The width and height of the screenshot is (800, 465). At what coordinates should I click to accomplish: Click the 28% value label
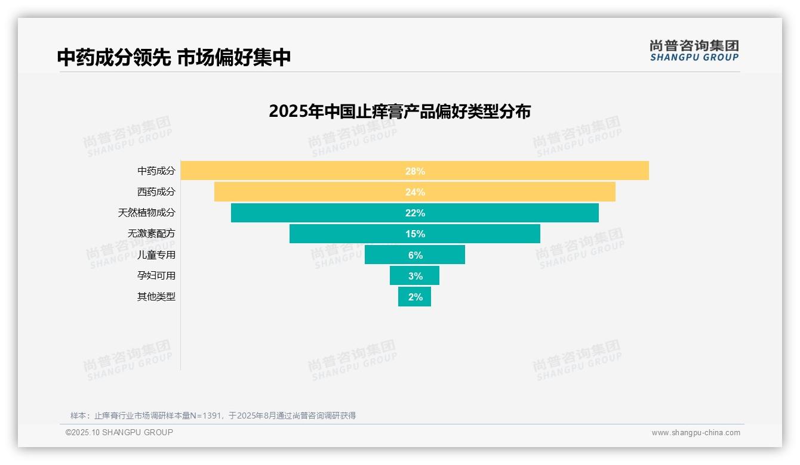point(415,171)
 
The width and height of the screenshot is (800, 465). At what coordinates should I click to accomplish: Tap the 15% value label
point(415,234)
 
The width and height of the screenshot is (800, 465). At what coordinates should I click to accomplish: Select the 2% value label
point(416,297)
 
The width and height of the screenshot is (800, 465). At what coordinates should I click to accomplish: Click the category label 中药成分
point(156,171)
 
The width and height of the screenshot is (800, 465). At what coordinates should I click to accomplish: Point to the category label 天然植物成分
point(147,213)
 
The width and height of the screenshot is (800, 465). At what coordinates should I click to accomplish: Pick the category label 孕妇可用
point(156,275)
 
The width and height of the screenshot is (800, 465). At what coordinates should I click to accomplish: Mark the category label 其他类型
point(156,296)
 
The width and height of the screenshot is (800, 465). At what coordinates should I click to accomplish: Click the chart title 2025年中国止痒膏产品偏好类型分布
point(399,111)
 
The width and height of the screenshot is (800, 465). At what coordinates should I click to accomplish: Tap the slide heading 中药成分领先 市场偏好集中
point(174,57)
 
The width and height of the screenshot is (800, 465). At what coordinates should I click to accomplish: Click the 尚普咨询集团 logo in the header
point(694,50)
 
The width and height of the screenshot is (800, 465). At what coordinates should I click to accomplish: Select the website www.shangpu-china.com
point(696,433)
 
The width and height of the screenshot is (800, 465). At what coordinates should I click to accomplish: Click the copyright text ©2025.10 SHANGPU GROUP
point(119,432)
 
